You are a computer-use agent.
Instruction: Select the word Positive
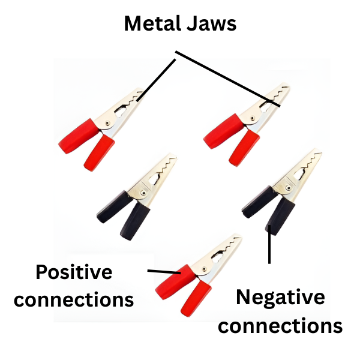74,272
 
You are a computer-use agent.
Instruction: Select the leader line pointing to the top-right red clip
228,79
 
